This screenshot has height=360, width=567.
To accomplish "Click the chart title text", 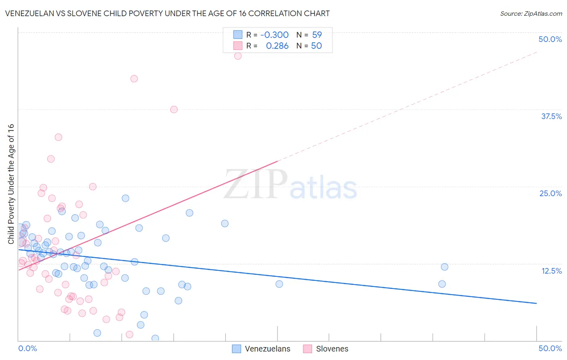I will [167, 14].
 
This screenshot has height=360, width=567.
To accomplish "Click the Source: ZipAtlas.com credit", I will [531, 14].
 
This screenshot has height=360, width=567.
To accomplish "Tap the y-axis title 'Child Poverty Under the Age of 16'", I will [11, 184].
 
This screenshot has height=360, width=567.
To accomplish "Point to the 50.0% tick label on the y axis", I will [550, 39].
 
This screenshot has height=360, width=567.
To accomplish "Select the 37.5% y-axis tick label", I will [551, 116].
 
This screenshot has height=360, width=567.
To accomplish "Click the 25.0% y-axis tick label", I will [550, 193].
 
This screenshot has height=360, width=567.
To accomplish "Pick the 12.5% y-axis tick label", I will [551, 271].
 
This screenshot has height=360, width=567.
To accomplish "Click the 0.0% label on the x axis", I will [27, 348].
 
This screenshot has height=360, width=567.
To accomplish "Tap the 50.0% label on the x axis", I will [550, 348].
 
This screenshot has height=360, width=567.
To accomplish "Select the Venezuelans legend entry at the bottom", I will [261, 349].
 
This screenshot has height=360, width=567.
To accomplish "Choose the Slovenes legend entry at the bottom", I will [326, 349].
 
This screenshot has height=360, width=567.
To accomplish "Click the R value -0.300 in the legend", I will [274, 35].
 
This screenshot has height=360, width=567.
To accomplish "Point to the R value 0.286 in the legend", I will [277, 46].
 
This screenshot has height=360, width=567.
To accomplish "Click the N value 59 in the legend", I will [317, 35].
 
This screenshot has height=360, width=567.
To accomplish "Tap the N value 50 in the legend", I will [317, 46].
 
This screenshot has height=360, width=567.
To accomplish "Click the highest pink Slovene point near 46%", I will [238, 56].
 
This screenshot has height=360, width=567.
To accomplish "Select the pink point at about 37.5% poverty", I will [174, 109].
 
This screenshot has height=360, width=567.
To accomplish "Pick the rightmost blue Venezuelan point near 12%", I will [444, 267].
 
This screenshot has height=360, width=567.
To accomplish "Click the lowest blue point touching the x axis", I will [155, 338].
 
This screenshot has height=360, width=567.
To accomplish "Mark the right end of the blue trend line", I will [536, 303].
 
